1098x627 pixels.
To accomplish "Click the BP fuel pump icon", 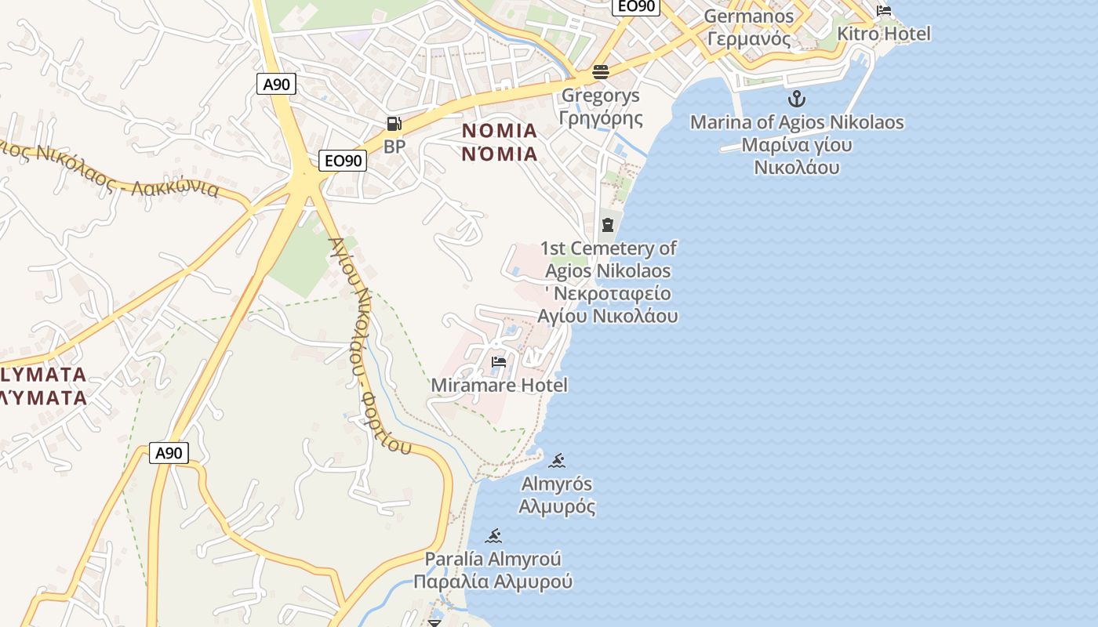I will (394, 124).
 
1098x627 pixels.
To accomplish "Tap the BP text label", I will (394, 147).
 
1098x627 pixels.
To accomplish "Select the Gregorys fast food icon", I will (601, 73).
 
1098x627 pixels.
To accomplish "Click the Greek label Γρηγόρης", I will (601, 118).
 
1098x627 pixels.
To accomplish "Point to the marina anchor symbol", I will (797, 100).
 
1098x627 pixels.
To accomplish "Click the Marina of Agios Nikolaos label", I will (797, 123).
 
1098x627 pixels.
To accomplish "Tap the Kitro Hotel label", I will (884, 34).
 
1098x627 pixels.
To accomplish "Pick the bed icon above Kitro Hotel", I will (884, 11).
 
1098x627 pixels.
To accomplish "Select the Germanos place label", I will (749, 16).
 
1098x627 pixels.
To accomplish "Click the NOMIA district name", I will (500, 131).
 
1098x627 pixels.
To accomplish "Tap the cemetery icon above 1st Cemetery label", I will (608, 226).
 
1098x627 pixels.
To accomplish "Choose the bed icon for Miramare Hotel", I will (499, 362).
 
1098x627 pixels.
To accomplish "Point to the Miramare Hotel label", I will (499, 385).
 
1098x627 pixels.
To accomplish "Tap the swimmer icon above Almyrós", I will (557, 460).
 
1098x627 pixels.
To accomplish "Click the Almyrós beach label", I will (557, 484).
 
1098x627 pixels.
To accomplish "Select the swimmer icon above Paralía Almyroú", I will (493, 537).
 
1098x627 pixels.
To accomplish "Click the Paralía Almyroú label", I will (493, 560).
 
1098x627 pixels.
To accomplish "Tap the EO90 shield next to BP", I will (344, 161).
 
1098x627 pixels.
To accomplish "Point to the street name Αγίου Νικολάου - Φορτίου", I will (370, 345).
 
